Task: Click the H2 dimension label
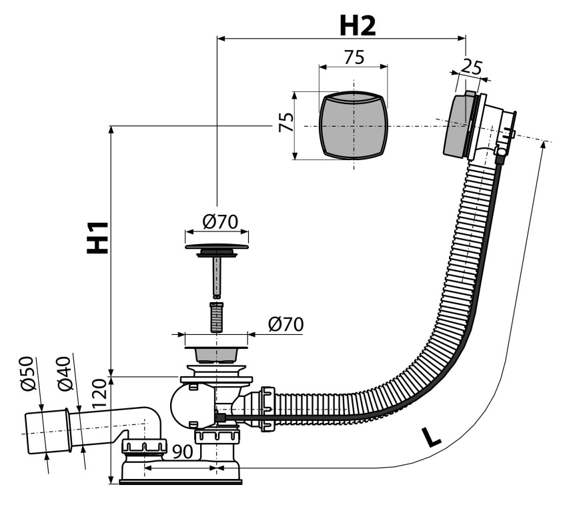coord(358,26)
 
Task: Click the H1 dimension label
coord(97,237)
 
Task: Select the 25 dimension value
coord(471,67)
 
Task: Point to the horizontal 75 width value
coord(354,57)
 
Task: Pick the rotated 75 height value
coord(286,122)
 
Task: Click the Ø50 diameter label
coord(28,374)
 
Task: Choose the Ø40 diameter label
coord(65,374)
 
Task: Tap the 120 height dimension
coord(99,394)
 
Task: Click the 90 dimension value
coord(183,452)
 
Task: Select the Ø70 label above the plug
coord(220,222)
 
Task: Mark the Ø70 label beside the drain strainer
coord(286,324)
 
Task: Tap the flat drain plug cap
coord(217,247)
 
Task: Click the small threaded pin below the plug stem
coord(215,318)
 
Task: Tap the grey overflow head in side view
coord(456,125)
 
